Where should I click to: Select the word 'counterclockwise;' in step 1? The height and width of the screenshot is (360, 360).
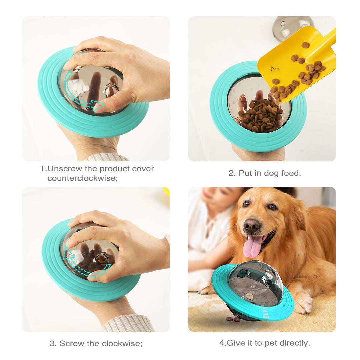(82, 178)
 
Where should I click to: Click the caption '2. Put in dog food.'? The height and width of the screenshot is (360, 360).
(264, 173)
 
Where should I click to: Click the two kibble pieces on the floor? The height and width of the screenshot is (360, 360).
(233, 319)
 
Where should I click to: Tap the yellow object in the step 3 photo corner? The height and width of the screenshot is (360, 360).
(166, 191)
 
